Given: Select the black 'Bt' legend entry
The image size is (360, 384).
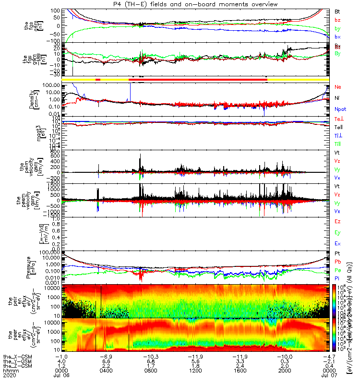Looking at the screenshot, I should [337, 11].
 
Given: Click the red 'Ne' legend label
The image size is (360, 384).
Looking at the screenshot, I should [337, 87].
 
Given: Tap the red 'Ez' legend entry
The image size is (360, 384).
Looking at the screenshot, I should [337, 222].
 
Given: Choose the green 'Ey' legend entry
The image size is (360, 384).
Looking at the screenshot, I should [337, 233].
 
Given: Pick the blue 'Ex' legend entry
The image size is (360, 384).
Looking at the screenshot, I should [337, 244].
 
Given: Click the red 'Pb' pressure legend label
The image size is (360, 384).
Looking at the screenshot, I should [337, 262].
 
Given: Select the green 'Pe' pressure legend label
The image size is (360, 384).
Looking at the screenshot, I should [337, 271].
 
